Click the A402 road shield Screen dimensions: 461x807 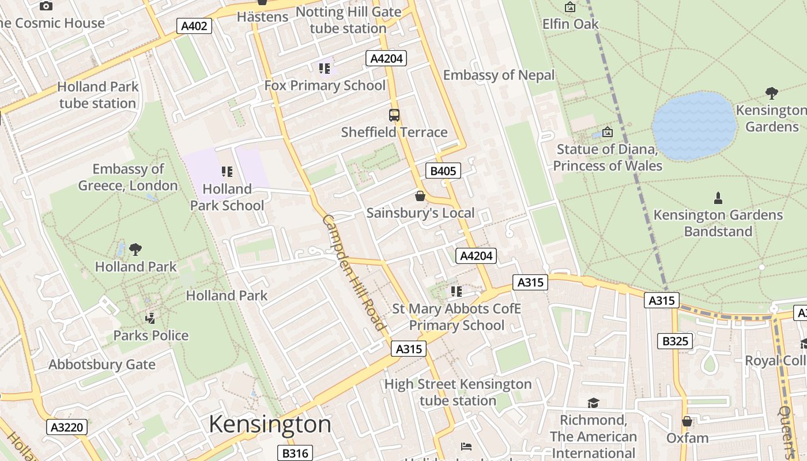tap(194, 26)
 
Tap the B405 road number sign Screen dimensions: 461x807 tap(443, 171)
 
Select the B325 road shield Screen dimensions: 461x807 tap(675, 341)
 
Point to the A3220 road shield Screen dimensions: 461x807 tap(67, 427)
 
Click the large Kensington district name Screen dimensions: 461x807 tap(270, 425)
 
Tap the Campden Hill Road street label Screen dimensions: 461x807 tap(353, 273)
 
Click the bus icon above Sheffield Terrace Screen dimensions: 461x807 tap(394, 115)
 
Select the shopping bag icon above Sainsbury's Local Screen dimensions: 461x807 tap(420, 197)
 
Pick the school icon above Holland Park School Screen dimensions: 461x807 tap(227, 172)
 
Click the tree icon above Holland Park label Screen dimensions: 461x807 tap(135, 250)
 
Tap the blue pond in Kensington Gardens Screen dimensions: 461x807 tap(694, 126)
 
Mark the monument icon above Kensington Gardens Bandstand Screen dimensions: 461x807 tap(718, 198)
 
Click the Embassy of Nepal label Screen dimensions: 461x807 tap(499, 75)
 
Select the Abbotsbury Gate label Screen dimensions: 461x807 tap(102, 365)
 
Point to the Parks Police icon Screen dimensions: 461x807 tap(150, 318)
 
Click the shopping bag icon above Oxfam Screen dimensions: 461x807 tap(687, 421)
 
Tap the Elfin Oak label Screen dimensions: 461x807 tap(571, 24)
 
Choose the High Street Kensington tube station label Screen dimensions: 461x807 tap(458, 392)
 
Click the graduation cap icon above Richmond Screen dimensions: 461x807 tap(593, 403)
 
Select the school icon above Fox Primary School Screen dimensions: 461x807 tap(325, 69)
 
